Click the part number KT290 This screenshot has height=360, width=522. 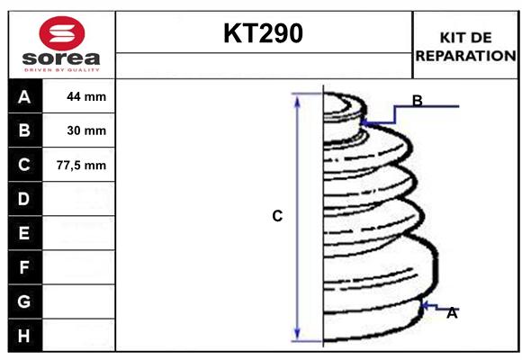pos(263,34)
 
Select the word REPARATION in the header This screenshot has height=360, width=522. pos(465,56)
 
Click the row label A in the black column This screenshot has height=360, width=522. pos(24,96)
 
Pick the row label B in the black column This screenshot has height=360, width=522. pos(24,130)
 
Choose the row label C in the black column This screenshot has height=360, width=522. pos(24,165)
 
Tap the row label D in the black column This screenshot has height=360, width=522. pos(24,199)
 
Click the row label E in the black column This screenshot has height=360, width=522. pos(24,233)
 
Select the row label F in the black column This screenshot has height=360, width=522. pos(24,267)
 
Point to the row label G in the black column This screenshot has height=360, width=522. pos(24,301)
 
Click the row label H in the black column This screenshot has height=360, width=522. pos(24,336)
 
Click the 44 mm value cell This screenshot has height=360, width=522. pos(86,96)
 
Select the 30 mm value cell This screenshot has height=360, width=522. pos(86,130)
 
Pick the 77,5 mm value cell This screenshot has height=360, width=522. pos(86,165)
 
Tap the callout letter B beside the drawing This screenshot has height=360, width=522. pos(417,100)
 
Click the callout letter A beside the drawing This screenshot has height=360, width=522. pos(452,313)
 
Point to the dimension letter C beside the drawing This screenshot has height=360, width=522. pos(277,216)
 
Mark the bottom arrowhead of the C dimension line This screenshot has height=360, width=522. pos(297,335)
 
